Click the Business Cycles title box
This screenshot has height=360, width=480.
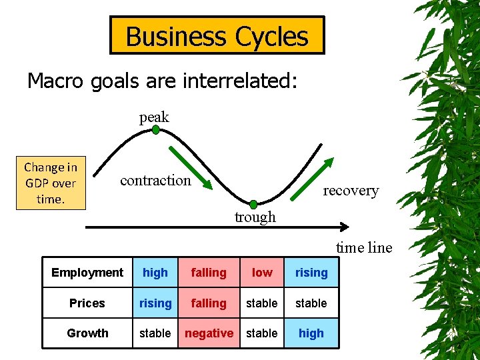click(217, 35)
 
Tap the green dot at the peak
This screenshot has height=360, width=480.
click(155, 130)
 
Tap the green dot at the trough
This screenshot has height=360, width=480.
click(253, 204)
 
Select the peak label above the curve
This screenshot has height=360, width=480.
click(154, 117)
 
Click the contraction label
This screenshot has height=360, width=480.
click(155, 180)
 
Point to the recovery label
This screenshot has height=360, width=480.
click(351, 191)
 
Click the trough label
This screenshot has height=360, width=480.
click(255, 217)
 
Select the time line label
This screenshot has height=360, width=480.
click(364, 248)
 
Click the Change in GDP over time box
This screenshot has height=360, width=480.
click(51, 183)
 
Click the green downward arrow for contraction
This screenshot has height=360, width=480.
click(189, 167)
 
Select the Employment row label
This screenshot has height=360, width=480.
click(87, 273)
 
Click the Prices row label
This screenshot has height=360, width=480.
click(87, 303)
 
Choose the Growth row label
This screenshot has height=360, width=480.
click(87, 333)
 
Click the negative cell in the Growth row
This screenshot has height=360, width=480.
click(209, 333)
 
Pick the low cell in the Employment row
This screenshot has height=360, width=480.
click(262, 273)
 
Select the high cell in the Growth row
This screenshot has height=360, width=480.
click(311, 333)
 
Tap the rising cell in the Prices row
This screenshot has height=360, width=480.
click(155, 303)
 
